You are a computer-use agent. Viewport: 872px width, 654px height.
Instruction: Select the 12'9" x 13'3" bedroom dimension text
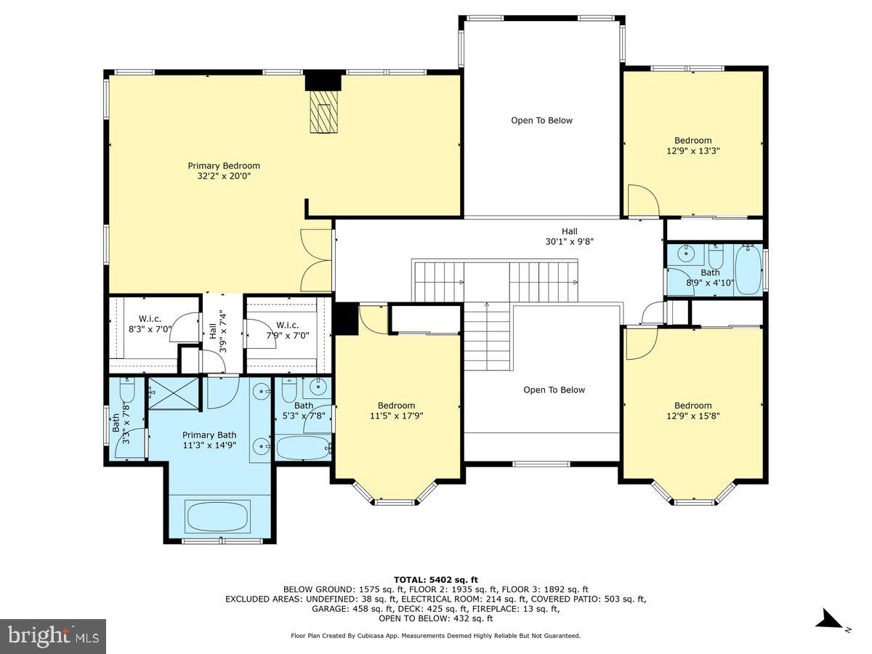click(x=693, y=151)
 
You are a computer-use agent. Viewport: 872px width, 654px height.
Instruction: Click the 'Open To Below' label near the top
click(x=541, y=121)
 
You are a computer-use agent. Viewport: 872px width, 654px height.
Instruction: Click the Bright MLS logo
click(x=53, y=637)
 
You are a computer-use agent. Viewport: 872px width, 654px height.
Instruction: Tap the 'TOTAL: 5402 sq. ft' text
click(x=435, y=579)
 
